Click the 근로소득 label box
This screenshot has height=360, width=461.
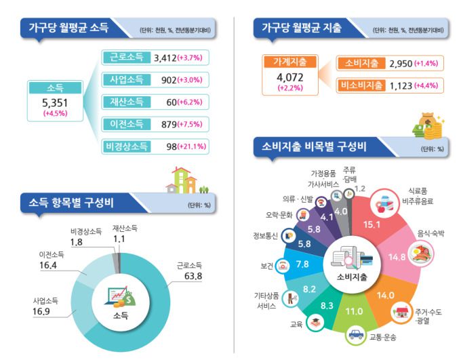point(126,58)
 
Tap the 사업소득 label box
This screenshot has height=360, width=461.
point(126,80)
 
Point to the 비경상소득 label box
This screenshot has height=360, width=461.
point(126,145)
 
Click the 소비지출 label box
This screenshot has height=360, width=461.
point(361,63)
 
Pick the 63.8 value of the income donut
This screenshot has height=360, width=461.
point(184,275)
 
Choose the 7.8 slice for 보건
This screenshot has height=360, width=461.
point(303,263)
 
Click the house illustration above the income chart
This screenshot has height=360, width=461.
point(182,180)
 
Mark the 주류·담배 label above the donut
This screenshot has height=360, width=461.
point(350,174)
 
